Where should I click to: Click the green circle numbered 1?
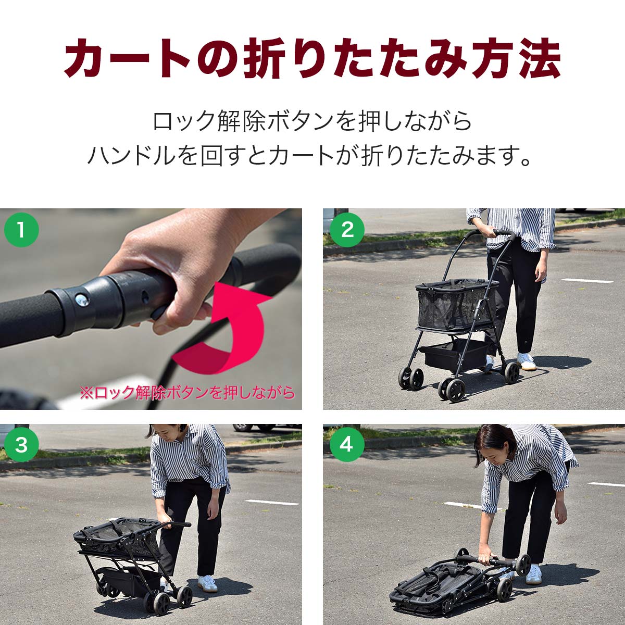(21, 229)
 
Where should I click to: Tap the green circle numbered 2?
(347, 229)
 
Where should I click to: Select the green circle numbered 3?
(21, 445)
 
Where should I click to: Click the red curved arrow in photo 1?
(229, 333)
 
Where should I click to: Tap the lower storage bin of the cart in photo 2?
(453, 354)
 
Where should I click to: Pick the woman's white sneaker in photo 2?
(526, 361)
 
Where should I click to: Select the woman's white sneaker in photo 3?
(207, 583)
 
